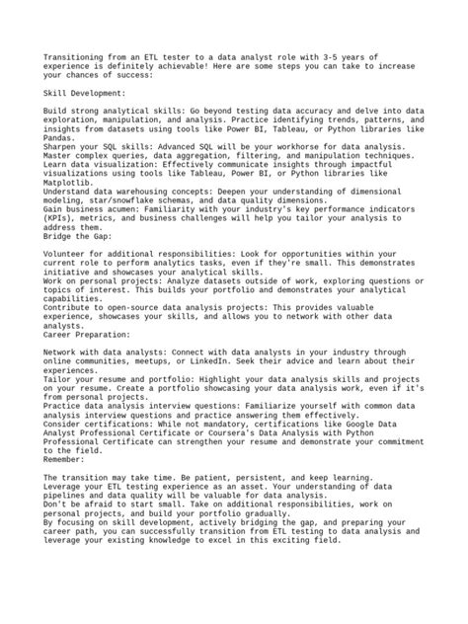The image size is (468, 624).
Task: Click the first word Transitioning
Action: (x=75, y=58)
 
